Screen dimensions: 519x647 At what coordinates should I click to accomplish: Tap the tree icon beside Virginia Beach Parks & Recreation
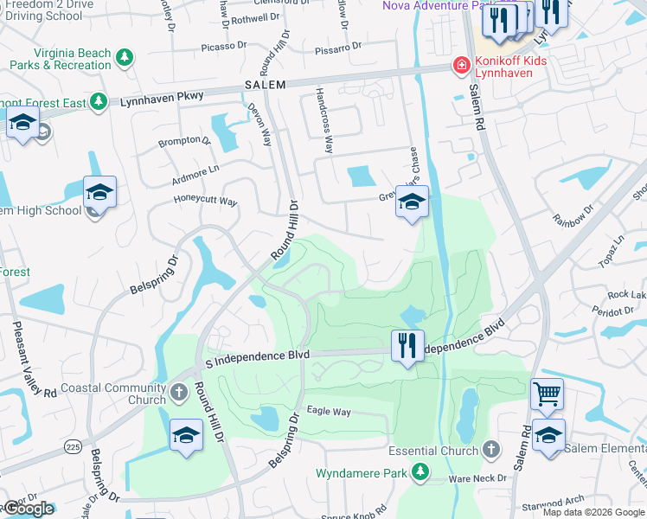click(x=125, y=58)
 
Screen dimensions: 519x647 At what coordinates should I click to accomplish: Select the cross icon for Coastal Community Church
click(x=178, y=394)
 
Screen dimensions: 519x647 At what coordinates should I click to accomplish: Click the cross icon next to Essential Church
click(x=491, y=450)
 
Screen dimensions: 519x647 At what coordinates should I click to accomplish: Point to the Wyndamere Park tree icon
click(x=420, y=472)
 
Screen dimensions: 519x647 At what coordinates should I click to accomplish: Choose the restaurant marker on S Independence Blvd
click(x=407, y=346)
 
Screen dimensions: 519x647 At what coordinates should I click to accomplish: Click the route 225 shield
click(x=72, y=446)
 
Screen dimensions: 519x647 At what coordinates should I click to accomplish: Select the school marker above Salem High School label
click(x=99, y=194)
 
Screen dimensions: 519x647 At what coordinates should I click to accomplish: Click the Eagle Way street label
click(x=329, y=412)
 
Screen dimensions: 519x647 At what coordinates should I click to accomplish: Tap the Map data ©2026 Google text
click(x=593, y=512)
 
